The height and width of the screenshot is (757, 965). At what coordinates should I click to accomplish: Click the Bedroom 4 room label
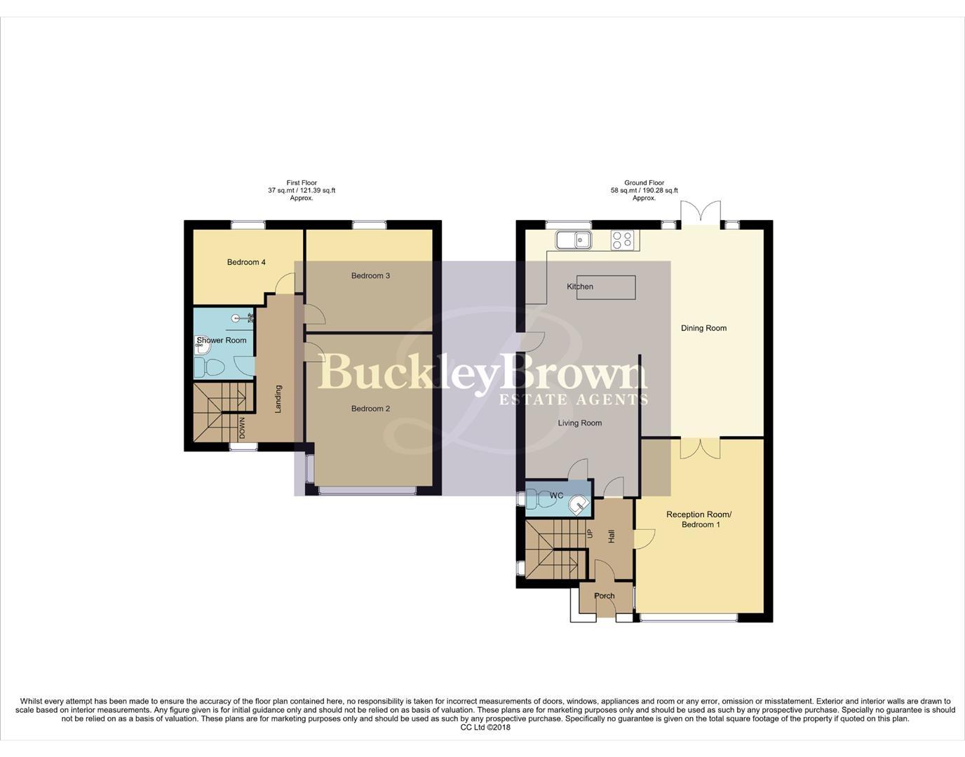click(x=246, y=262)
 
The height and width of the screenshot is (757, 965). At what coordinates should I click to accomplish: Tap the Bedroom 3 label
click(x=370, y=275)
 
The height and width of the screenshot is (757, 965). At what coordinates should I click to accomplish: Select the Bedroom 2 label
click(x=370, y=409)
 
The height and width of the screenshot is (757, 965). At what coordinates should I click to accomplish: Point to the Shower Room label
click(x=222, y=341)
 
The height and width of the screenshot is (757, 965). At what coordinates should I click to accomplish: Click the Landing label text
click(x=278, y=399)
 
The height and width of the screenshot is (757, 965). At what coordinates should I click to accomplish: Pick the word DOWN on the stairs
click(x=243, y=428)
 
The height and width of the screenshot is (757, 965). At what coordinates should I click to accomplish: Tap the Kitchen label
click(x=580, y=287)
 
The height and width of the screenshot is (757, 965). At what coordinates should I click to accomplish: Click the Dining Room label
click(x=703, y=328)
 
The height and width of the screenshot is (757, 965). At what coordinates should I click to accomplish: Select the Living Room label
click(x=580, y=423)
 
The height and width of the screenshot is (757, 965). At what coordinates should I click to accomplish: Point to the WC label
click(x=556, y=496)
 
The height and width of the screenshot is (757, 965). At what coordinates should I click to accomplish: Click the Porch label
click(x=604, y=596)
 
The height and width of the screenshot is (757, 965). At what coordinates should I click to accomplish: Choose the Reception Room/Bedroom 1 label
click(x=699, y=519)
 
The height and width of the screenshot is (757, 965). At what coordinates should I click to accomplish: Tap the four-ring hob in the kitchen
click(x=622, y=240)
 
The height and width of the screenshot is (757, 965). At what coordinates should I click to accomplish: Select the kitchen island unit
click(x=607, y=287)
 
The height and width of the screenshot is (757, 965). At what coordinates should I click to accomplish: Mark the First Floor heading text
click(x=302, y=182)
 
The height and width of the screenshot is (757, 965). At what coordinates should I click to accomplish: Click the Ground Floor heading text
click(x=644, y=182)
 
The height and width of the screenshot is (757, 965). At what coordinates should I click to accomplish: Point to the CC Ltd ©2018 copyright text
click(x=485, y=728)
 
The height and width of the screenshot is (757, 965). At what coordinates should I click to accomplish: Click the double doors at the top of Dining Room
click(x=701, y=213)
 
